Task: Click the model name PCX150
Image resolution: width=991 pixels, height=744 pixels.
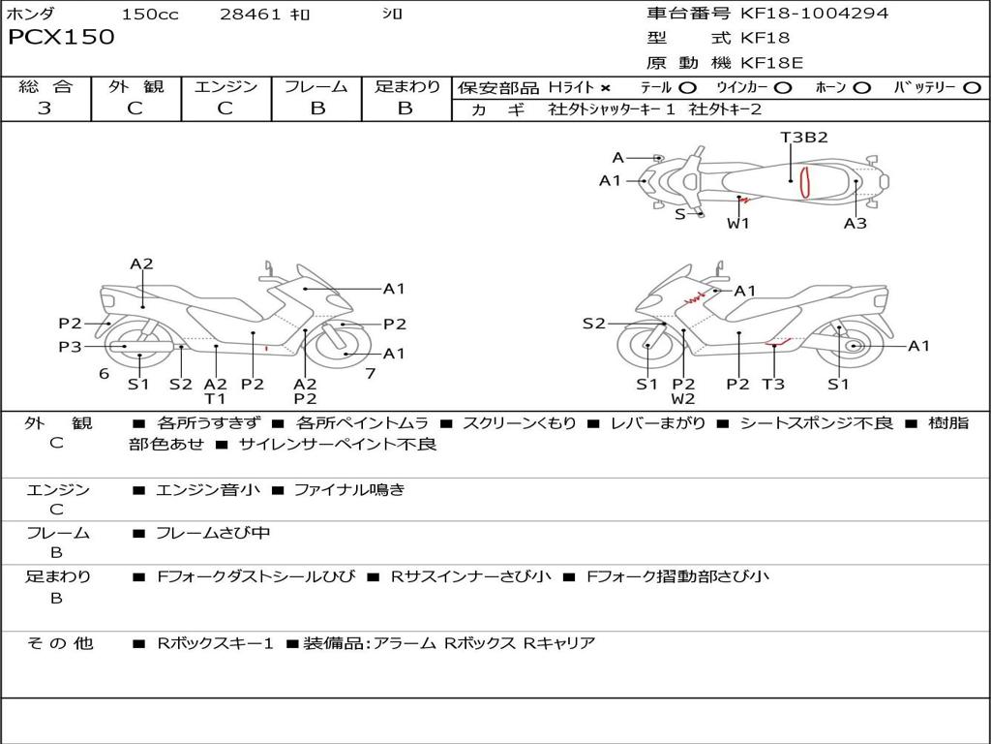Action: (x=61, y=38)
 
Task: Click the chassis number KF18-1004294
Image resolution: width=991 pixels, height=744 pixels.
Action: (x=814, y=14)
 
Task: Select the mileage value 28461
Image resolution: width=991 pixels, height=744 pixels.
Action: (x=251, y=15)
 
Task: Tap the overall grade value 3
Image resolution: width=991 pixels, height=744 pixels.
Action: (x=45, y=108)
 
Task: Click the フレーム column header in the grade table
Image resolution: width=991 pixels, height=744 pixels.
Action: (x=316, y=87)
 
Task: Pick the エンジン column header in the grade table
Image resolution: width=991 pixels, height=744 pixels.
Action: (x=225, y=87)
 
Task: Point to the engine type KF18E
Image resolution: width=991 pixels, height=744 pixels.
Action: (x=771, y=63)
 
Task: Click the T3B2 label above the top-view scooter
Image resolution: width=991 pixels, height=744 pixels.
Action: (x=804, y=138)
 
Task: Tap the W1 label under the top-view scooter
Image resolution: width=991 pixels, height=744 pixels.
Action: (x=738, y=224)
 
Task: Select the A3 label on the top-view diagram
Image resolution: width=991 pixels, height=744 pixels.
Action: (x=855, y=224)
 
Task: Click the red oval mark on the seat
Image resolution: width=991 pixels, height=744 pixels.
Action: (x=804, y=181)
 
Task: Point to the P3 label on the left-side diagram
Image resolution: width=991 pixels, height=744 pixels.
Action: (x=70, y=346)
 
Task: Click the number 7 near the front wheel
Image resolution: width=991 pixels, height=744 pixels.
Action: (x=370, y=373)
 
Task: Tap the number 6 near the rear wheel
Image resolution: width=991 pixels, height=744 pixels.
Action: (x=104, y=373)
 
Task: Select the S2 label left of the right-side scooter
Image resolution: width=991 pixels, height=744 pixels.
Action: (x=593, y=324)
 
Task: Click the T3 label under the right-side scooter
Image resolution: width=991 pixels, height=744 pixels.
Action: (x=773, y=385)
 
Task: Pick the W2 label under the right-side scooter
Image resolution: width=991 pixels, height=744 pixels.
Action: (x=683, y=398)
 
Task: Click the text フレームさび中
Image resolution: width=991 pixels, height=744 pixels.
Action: (x=213, y=533)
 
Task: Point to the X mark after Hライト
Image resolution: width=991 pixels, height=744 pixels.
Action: (x=606, y=88)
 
